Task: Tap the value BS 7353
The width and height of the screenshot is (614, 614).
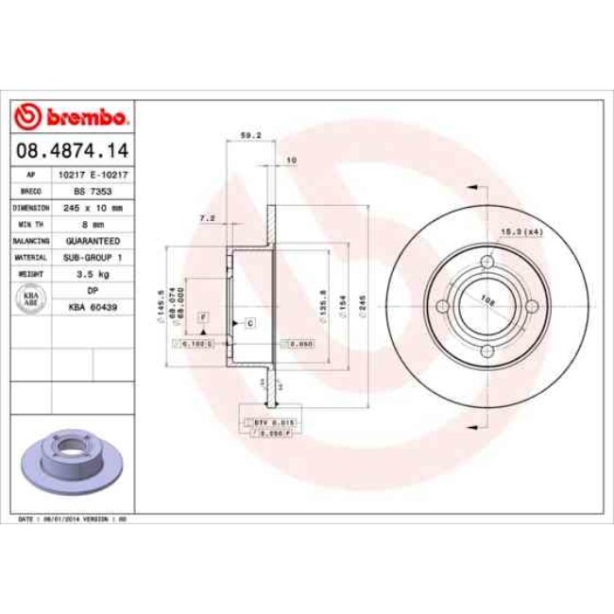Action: click(x=93, y=191)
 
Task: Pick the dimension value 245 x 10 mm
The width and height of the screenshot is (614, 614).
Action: click(x=93, y=207)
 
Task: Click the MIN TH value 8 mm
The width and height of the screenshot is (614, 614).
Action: click(x=93, y=224)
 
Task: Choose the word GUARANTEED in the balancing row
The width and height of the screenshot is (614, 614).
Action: click(x=93, y=240)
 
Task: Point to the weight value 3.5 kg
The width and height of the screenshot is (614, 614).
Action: click(x=93, y=273)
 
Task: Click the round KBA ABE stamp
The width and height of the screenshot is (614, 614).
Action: click(x=31, y=298)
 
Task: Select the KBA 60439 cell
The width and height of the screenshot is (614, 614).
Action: click(x=93, y=306)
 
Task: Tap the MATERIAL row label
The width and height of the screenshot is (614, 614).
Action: click(x=31, y=257)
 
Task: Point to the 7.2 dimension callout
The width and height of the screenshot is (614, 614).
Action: click(x=208, y=218)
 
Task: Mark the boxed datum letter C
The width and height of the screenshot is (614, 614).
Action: click(x=250, y=323)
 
